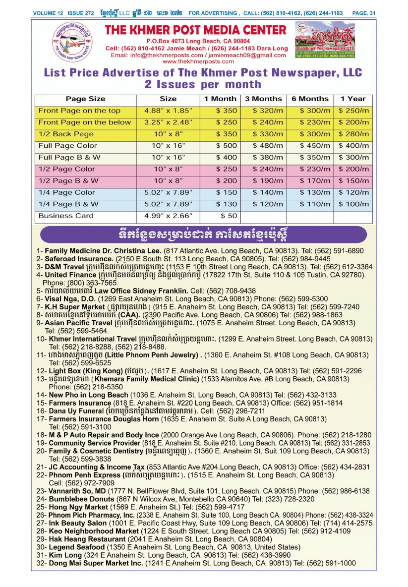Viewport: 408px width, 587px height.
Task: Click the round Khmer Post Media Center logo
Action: coord(72,42)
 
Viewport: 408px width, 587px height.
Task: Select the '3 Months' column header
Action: coord(263,99)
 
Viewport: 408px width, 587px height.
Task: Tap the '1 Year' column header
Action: coord(352,99)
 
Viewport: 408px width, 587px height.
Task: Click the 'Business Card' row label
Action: coord(59,216)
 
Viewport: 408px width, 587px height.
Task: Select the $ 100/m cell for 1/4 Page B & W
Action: coord(353,204)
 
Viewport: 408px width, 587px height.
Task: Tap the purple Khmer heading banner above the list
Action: coord(203,234)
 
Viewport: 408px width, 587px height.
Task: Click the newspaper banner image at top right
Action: coord(325,40)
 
